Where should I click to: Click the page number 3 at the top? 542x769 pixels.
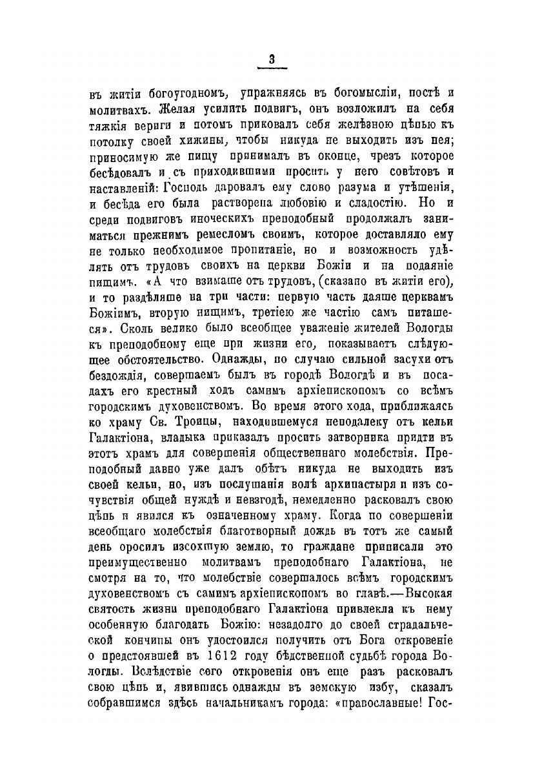click(x=272, y=59)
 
